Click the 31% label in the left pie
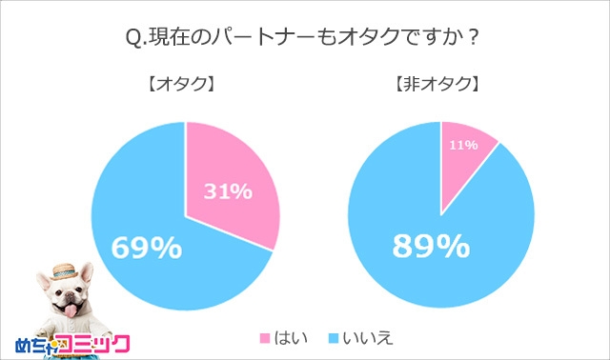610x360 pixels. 229,191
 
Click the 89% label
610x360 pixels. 432,247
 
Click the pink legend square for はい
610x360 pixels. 265,338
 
